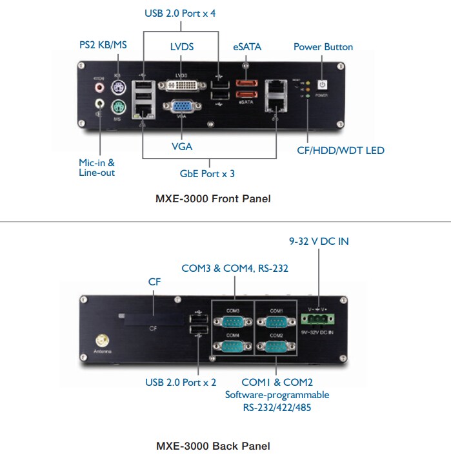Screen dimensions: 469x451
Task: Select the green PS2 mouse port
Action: (x=117, y=107)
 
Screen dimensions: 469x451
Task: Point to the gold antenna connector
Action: (x=102, y=340)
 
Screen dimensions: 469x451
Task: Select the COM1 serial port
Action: (x=276, y=322)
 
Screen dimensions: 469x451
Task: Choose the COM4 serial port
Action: (x=232, y=346)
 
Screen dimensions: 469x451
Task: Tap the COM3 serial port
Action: (x=232, y=322)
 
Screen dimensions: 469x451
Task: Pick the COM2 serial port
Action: (x=276, y=346)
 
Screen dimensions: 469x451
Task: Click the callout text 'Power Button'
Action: (x=323, y=47)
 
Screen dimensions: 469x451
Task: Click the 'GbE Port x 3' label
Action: (x=207, y=174)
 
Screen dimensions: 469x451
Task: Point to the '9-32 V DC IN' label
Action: (x=318, y=242)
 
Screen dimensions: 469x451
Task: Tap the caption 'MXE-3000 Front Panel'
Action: (x=213, y=199)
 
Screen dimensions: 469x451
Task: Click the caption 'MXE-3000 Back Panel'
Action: (x=213, y=446)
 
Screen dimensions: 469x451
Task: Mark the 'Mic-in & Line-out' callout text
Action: (x=97, y=168)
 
